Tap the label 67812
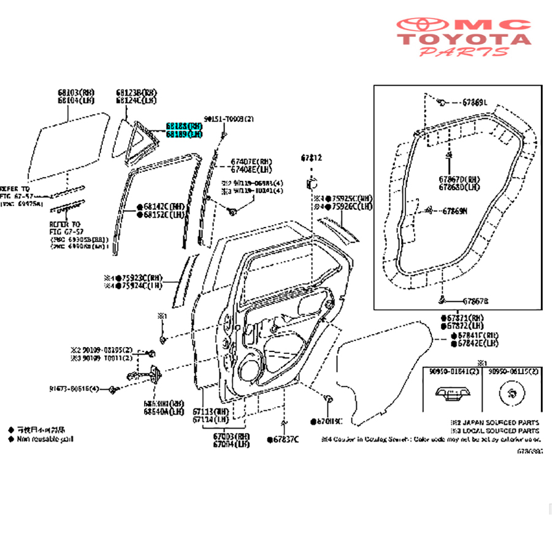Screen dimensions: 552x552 (311, 158)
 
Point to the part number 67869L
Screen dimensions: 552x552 (475, 102)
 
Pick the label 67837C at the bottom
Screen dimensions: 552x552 (285, 439)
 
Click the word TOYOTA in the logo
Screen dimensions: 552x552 (466, 39)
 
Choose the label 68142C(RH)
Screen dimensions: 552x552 (164, 207)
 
